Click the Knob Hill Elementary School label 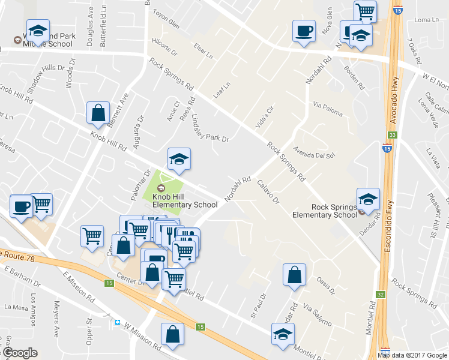(x=185, y=200)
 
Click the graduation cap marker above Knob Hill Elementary (x=179, y=159)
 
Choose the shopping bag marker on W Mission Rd (x=172, y=335)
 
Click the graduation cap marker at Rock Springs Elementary (x=368, y=199)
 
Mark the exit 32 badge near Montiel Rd (x=381, y=295)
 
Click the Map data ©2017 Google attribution (x=412, y=355)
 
